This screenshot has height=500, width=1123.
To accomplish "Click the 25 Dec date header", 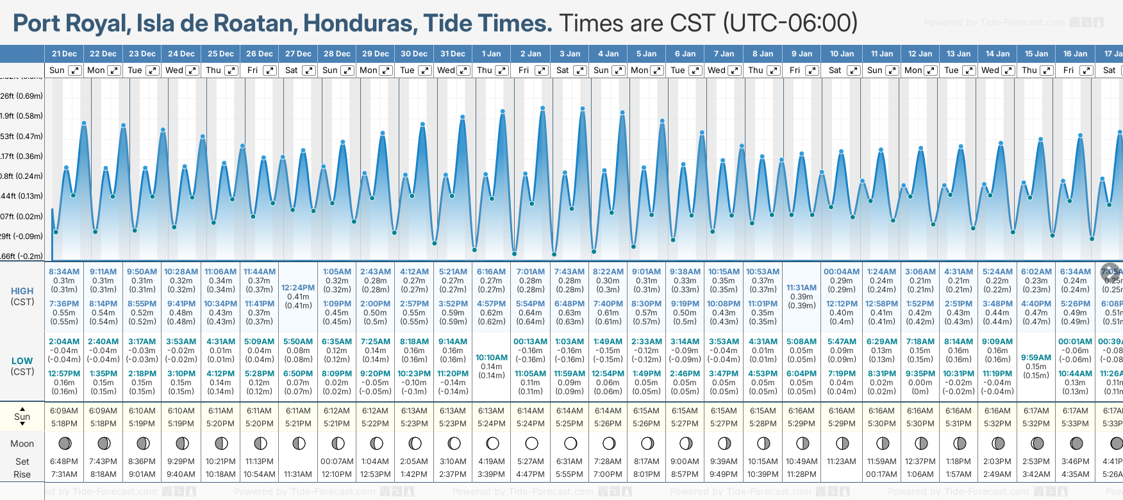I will click(x=220, y=54).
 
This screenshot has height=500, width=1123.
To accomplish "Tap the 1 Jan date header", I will click(x=492, y=54).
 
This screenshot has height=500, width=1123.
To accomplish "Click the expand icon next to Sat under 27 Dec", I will click(x=309, y=71).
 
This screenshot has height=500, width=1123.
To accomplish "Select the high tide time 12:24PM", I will click(x=298, y=288).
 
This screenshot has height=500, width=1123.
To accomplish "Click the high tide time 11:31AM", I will click(x=801, y=288).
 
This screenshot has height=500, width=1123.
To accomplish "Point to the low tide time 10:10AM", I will click(x=492, y=358).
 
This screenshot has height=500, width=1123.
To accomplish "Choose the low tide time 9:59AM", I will click(x=1036, y=358).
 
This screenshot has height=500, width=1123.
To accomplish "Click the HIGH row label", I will click(x=22, y=291).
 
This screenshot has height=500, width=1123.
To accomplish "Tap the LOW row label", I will click(x=22, y=362).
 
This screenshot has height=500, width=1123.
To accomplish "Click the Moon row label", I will click(x=22, y=444).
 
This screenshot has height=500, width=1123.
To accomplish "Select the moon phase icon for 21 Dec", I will click(x=65, y=443).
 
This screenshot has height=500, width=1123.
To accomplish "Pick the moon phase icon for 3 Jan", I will click(x=570, y=443).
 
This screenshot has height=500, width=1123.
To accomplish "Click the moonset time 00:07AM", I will click(x=337, y=462).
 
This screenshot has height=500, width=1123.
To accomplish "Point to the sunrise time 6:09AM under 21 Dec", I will click(x=63, y=411).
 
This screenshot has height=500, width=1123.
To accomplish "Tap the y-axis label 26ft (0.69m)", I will click(x=22, y=96).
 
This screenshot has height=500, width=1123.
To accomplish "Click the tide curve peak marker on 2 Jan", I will click(x=542, y=108).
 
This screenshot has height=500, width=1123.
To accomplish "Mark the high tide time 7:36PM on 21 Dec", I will click(x=63, y=304).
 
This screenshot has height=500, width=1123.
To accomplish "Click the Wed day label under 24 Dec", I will click(x=174, y=71).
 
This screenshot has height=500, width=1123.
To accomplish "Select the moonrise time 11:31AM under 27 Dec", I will click(x=298, y=474).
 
